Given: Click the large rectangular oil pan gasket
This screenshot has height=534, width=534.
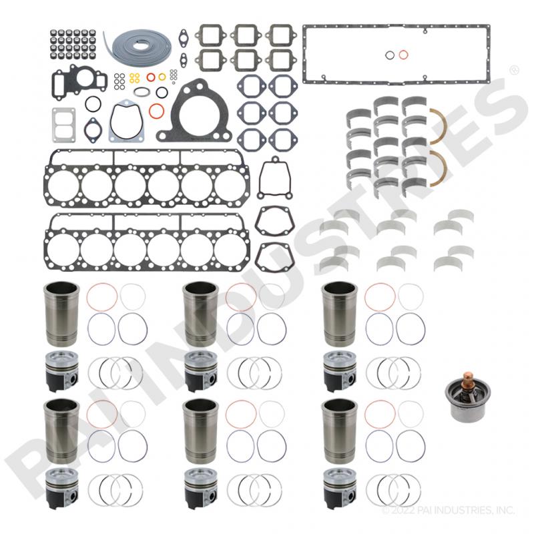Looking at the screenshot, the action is [x=396, y=55].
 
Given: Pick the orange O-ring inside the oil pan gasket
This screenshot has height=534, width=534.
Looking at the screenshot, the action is [x=403, y=55].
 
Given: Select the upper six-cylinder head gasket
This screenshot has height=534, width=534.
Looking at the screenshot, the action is [x=147, y=178].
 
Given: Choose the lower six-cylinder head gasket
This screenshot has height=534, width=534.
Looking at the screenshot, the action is [x=147, y=242].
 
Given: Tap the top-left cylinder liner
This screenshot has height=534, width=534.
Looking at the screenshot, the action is [x=61, y=314].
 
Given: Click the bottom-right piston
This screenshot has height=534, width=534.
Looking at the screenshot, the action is [x=340, y=489].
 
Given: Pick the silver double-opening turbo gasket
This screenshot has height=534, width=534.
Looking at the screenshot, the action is [x=63, y=125].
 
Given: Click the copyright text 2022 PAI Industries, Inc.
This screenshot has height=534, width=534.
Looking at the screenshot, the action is [x=448, y=510].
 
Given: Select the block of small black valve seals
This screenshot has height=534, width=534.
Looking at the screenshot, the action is [x=73, y=44].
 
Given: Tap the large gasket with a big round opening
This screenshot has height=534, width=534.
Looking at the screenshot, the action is [x=194, y=110].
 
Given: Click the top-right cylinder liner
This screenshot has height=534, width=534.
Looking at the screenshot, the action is [x=340, y=314].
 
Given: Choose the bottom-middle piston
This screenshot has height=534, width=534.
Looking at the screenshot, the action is [x=201, y=489].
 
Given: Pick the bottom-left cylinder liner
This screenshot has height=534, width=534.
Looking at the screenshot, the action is [x=61, y=431].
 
